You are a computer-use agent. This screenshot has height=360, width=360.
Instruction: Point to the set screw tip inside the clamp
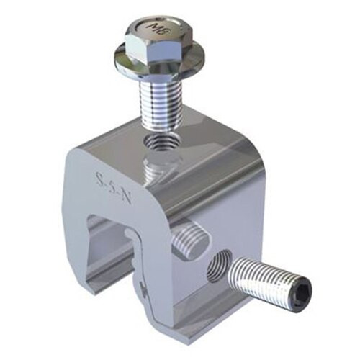tap(190, 239)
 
